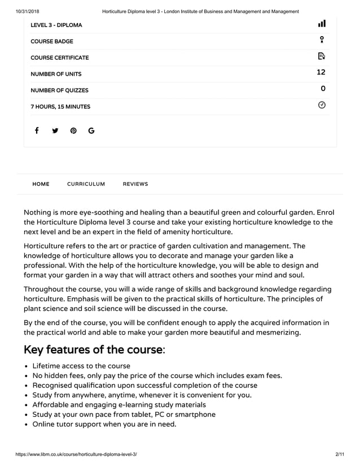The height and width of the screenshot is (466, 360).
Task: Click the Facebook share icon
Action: point(37,131)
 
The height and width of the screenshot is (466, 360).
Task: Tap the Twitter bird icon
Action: point(55,131)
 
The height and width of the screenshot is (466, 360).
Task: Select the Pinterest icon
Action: point(73,131)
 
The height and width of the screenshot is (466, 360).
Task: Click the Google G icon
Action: point(91,131)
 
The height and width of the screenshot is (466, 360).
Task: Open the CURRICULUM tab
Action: point(86,184)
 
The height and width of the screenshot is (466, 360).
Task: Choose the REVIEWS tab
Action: point(135,184)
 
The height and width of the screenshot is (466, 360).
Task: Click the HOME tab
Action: point(41,184)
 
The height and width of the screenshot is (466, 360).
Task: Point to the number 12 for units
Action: point(321,72)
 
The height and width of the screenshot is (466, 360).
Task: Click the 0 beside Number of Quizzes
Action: point(323,89)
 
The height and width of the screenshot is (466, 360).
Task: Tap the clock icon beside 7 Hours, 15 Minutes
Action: point(322,105)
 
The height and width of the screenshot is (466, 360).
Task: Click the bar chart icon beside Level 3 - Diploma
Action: point(322,24)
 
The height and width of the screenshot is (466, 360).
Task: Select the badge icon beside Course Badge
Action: point(322,39)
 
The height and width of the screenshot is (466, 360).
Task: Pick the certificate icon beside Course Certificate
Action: point(322,56)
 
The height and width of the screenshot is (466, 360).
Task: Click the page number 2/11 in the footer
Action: point(339,454)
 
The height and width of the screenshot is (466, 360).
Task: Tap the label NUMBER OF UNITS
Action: point(56,74)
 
